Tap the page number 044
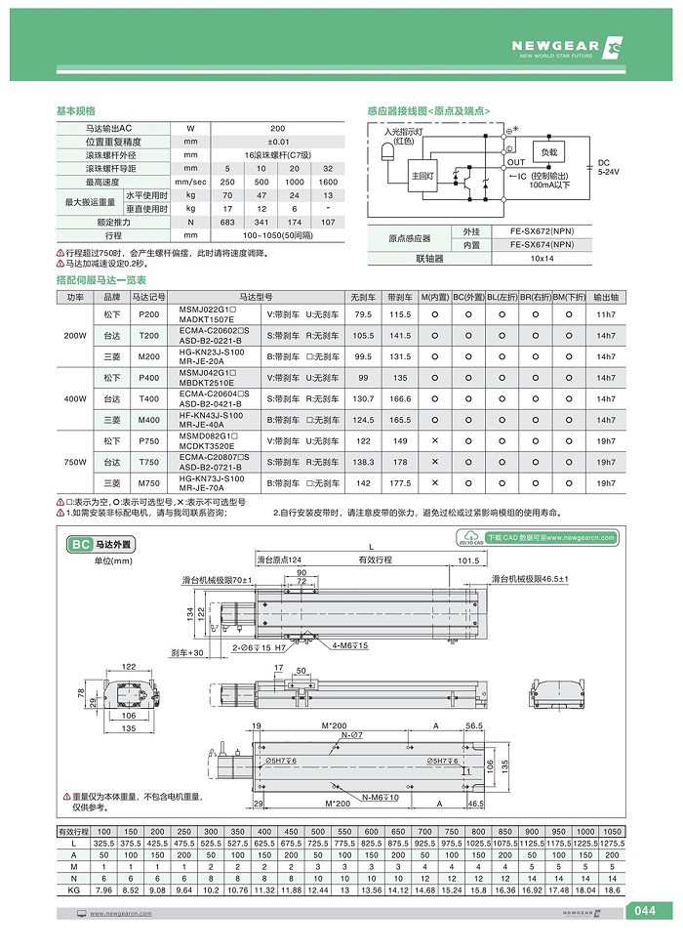click(x=644, y=912)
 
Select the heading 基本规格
click(x=77, y=111)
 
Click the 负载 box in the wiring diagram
click(x=549, y=152)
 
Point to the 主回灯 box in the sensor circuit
click(x=423, y=176)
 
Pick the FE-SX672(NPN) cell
click(x=555, y=230)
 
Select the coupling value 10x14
click(x=555, y=259)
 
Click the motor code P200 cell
click(x=149, y=313)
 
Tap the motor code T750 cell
click(x=149, y=462)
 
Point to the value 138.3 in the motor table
click(x=363, y=462)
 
